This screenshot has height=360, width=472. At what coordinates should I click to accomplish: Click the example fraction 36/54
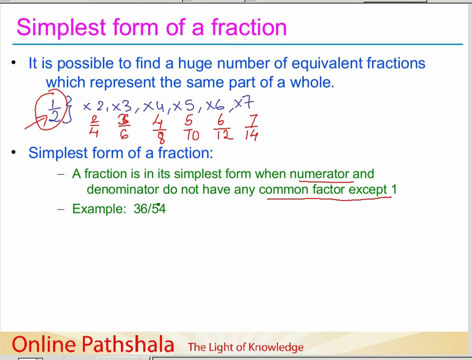click(149, 208)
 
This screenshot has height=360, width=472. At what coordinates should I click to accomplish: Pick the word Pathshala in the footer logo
click(127, 344)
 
